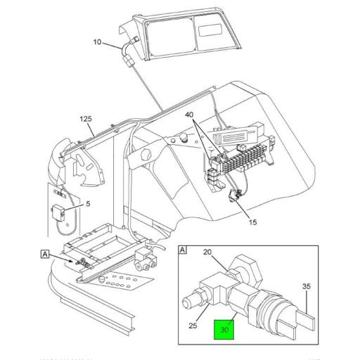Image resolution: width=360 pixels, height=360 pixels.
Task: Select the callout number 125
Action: point(86,118)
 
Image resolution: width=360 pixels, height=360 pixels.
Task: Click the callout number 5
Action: point(88,204)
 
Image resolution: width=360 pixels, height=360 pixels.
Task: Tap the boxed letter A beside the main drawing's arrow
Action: point(45,255)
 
